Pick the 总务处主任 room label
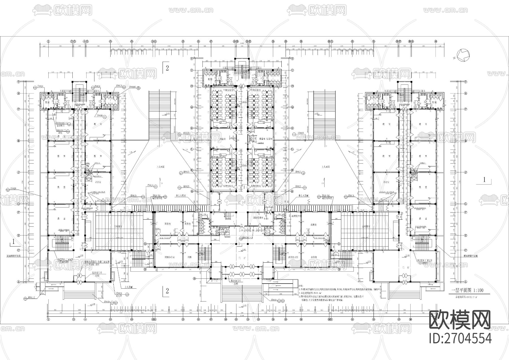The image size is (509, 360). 294,257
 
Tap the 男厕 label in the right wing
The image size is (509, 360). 434,102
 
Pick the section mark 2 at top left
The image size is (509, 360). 167,68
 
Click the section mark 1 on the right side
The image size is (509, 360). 484,179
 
